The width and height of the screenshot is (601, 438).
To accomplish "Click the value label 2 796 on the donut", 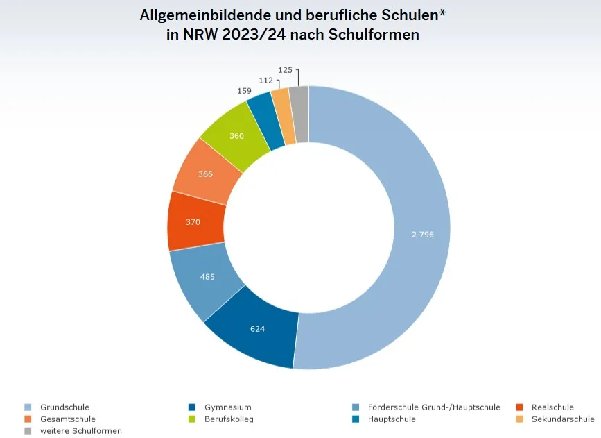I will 422,235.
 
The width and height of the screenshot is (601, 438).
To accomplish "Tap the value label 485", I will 207,277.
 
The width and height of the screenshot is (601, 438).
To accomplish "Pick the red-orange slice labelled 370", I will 193,222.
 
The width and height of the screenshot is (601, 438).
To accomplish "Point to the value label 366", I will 205,174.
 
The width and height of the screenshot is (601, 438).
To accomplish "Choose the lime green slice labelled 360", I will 236,136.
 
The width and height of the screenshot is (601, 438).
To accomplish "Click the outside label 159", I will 244,91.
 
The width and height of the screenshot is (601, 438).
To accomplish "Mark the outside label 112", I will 265,81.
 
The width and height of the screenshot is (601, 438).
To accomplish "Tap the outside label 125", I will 285,70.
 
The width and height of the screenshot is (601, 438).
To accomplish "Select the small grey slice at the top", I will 299,114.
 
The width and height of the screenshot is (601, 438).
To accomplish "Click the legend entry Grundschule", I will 64,407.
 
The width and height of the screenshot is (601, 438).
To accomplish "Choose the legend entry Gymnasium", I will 228,407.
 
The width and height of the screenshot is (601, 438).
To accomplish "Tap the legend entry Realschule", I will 552,407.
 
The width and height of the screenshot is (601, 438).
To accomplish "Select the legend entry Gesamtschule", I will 68,419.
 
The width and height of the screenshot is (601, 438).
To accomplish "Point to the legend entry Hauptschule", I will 392,419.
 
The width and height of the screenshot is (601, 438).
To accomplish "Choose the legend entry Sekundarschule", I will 563,419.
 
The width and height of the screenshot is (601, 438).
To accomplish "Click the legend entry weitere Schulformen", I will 80,431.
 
